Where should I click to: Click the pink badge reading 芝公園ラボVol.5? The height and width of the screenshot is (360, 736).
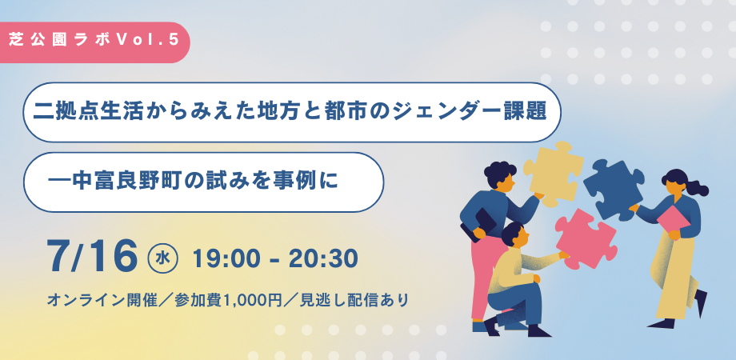click(x=93, y=42)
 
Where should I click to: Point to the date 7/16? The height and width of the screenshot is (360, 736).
click(x=93, y=258)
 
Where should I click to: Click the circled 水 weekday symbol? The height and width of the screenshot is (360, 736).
click(x=162, y=258)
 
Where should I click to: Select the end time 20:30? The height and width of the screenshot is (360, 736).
click(x=323, y=259)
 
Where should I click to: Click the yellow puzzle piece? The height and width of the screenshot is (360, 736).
click(x=553, y=172)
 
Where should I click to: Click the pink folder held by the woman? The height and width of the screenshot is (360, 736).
click(x=674, y=220)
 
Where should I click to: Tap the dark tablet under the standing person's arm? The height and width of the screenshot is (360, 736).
click(x=478, y=226)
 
